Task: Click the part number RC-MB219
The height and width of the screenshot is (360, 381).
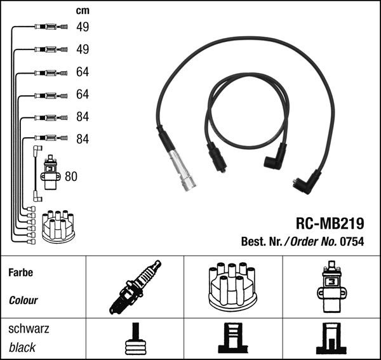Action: [x=330, y=223]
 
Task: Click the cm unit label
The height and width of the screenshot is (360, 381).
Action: [x=83, y=11]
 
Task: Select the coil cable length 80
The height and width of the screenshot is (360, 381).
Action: [x=71, y=177]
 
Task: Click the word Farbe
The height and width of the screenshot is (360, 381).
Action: [x=21, y=272]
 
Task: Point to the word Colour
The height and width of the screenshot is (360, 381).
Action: [x=23, y=300]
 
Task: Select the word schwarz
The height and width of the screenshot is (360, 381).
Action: [x=29, y=329]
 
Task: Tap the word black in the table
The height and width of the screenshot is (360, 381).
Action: [x=22, y=347]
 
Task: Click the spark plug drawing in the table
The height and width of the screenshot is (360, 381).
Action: [x=135, y=287]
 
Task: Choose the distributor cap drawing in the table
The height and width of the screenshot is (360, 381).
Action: [x=233, y=286]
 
